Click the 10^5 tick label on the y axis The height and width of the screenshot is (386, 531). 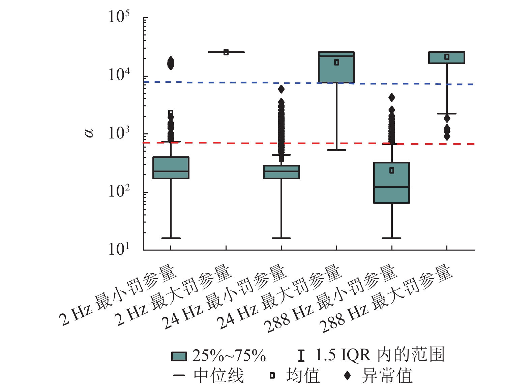(119, 17)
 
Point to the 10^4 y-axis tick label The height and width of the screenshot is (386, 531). (119, 75)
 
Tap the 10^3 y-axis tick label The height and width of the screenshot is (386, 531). (119, 133)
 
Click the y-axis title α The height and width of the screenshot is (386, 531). (89, 133)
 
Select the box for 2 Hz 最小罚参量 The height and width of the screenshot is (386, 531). (171, 168)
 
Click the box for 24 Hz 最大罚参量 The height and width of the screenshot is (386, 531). (336, 68)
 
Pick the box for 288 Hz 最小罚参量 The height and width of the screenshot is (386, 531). (391, 183)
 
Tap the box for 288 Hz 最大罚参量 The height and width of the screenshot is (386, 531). (447, 58)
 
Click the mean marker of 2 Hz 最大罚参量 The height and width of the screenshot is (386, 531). (226, 52)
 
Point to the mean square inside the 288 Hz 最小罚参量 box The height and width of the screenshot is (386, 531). (392, 171)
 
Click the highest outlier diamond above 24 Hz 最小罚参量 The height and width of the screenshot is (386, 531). (281, 89)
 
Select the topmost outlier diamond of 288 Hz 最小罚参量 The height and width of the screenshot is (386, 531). (392, 98)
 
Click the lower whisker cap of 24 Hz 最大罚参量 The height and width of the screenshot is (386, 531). (336, 150)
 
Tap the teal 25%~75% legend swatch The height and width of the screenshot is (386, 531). (179, 356)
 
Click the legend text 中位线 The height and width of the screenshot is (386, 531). (218, 376)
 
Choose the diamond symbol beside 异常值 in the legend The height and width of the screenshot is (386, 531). (347, 375)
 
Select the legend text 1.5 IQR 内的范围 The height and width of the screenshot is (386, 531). (380, 355)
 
